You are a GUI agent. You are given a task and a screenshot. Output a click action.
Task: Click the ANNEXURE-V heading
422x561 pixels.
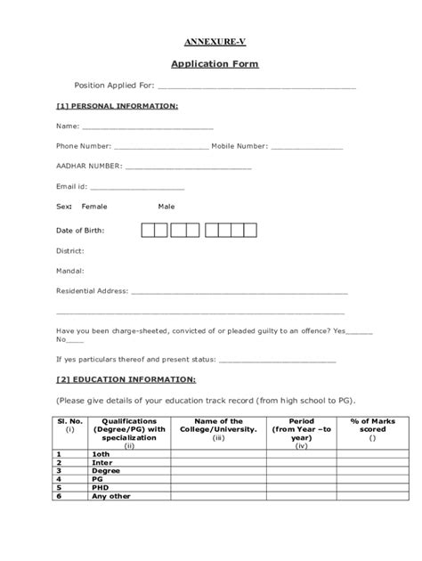(x=210, y=42)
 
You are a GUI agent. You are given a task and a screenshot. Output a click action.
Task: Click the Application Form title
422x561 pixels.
(x=210, y=65)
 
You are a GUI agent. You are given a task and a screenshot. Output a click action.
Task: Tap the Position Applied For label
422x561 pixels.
(x=114, y=86)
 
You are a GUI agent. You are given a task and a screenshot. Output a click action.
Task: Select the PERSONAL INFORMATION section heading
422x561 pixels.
(x=117, y=106)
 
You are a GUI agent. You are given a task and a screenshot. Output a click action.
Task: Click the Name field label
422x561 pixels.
(x=67, y=126)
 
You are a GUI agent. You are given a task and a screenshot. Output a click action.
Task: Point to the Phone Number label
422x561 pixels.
(x=84, y=146)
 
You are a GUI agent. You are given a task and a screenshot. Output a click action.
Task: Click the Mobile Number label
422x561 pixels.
(x=239, y=146)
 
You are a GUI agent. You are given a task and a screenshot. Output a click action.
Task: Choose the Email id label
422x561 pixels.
(x=71, y=186)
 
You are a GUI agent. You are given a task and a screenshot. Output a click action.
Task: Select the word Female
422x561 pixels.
(x=94, y=207)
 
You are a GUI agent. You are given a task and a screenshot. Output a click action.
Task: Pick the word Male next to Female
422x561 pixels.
(x=166, y=207)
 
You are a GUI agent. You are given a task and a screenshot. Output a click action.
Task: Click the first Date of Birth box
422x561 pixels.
(x=148, y=231)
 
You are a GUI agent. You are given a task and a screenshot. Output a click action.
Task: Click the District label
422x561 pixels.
(x=70, y=250)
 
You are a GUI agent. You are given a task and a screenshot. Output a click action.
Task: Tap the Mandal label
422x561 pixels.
(x=70, y=270)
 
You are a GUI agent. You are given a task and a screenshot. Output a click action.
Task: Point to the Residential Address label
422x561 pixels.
(x=92, y=290)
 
